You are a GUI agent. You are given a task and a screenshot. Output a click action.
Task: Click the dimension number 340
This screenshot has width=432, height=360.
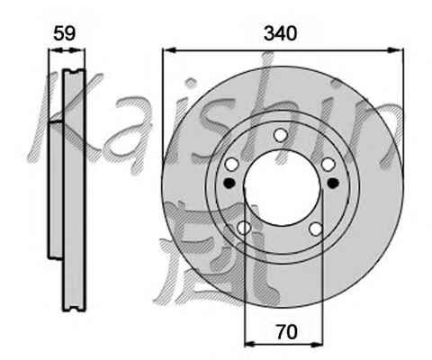(280, 33)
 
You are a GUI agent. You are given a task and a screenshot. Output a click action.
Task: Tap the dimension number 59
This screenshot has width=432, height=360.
(65, 33)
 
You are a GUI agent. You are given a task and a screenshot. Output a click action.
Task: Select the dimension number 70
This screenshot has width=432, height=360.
(287, 332)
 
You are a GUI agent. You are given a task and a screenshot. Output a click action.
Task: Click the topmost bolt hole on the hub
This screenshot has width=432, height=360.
(281, 135)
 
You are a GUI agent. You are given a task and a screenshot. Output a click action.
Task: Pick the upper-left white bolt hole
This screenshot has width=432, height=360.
(232, 164)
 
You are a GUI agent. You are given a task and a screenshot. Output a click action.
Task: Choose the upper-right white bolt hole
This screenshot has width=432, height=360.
(328, 165)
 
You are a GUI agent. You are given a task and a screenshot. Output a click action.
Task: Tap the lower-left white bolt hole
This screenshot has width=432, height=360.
(244, 228)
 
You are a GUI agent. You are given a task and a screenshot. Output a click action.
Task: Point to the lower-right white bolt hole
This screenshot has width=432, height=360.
(316, 229)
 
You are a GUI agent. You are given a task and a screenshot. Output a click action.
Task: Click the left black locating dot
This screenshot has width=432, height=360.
(229, 183)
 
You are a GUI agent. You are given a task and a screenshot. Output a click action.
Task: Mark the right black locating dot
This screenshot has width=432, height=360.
(333, 183)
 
